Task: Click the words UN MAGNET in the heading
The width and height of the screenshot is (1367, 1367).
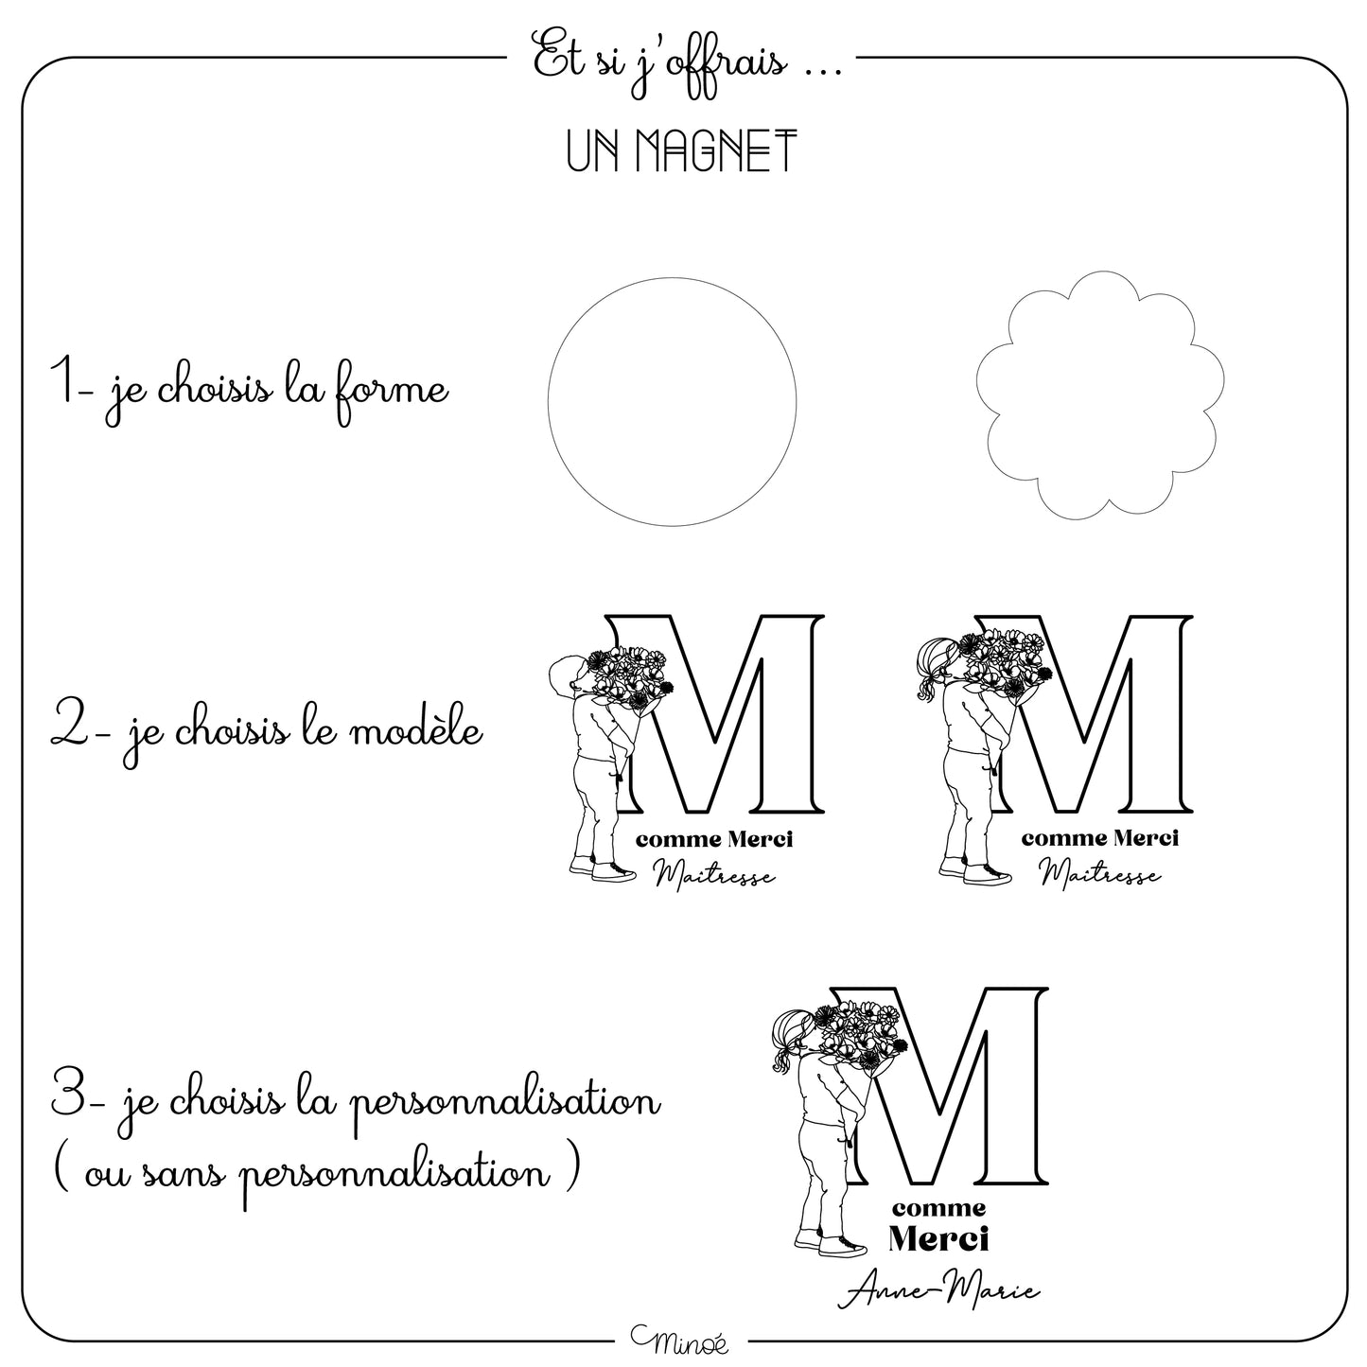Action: coord(682,150)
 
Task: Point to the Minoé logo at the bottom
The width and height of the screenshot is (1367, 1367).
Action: coord(680,1340)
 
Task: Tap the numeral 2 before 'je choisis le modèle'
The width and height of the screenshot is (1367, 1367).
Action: coord(69,726)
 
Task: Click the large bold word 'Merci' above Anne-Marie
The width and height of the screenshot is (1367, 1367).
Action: coord(938,1239)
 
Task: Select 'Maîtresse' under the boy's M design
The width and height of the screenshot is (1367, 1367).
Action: coord(714,875)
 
